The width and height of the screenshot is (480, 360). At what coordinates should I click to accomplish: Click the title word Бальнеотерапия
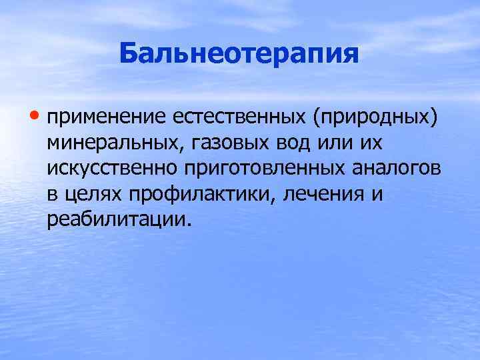coord(239,53)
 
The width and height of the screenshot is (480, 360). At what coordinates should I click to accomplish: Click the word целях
coord(91,195)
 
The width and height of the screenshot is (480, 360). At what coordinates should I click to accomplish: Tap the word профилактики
coord(199,195)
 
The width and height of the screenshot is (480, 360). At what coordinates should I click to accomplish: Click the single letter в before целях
coord(52,195)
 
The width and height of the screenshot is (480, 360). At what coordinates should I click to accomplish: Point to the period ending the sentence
coord(188,225)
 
